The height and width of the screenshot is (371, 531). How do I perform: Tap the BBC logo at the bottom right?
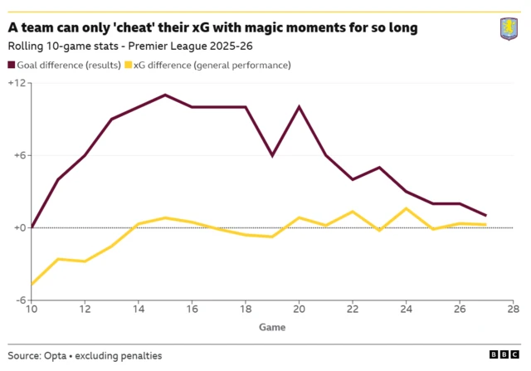pyautogui.click(x=504, y=354)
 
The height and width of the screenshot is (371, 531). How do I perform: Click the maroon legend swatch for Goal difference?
pyautogui.click(x=12, y=65)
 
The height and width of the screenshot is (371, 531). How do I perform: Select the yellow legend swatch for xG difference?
pyautogui.click(x=128, y=65)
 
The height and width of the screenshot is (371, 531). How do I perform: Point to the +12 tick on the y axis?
pyautogui.click(x=17, y=83)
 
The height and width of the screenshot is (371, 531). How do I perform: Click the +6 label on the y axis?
pyautogui.click(x=17, y=155)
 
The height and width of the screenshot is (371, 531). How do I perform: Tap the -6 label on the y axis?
pyautogui.click(x=17, y=300)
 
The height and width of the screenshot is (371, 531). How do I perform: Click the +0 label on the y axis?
pyautogui.click(x=17, y=228)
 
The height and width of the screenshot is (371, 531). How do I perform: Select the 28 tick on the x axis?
pyautogui.click(x=514, y=310)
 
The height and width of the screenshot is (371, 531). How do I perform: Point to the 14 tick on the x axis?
pyautogui.click(x=139, y=310)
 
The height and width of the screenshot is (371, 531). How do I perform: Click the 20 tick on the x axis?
pyautogui.click(x=299, y=310)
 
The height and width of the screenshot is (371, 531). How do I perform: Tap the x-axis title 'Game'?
pyautogui.click(x=272, y=327)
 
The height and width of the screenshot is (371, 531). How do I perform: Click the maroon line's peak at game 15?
pyautogui.click(x=165, y=95)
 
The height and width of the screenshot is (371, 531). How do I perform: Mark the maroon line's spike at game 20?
pyautogui.click(x=299, y=106)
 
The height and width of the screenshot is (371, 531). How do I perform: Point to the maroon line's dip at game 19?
pyautogui.click(x=272, y=155)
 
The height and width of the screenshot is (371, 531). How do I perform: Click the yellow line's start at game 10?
pyautogui.click(x=32, y=285)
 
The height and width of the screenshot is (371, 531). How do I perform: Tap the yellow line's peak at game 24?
pyautogui.click(x=406, y=208)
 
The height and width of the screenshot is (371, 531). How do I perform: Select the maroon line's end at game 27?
pyautogui.click(x=486, y=216)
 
